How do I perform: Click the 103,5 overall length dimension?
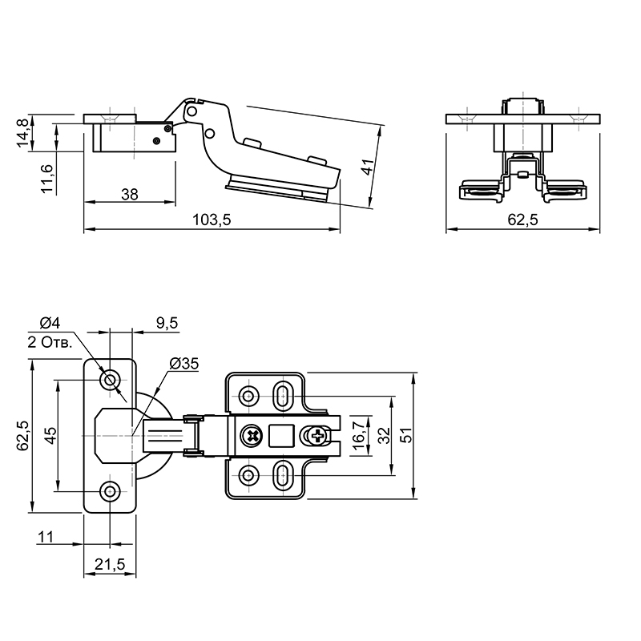pos(212,220)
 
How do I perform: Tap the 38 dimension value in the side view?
pos(130,194)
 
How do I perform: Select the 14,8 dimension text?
pos(22,132)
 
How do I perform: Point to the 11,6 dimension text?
pos(47,179)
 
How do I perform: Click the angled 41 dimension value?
pos(368,167)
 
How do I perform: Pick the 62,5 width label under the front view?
pos(523,220)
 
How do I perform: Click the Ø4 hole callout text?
pos(50,323)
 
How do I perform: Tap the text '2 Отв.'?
pos(50,342)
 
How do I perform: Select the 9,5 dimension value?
pos(167,323)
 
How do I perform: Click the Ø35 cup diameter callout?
pos(184,363)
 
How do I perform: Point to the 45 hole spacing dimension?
pos(51,435)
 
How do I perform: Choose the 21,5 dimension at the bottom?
pos(110,564)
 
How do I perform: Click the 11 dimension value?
pos(46,536)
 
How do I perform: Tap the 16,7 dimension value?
pos(358,436)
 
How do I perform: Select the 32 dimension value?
pos(384,435)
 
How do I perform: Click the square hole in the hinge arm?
pos(281,435)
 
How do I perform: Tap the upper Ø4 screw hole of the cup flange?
pos(110,380)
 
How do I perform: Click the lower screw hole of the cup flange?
pos(110,491)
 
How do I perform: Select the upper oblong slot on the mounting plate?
pos(282,395)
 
